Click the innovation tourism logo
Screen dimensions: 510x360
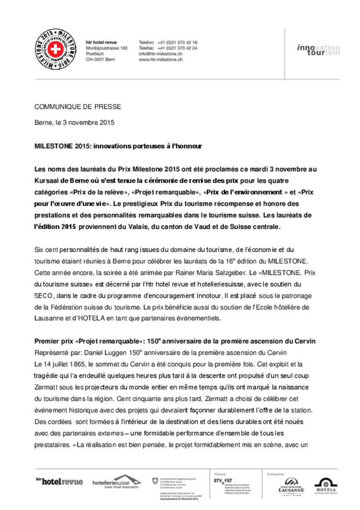point(318,50)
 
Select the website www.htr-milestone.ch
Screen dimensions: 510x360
point(160,59)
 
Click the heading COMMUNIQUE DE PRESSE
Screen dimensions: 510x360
point(78,107)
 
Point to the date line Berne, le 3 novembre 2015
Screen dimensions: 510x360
point(74,123)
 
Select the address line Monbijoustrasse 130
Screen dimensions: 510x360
point(107,48)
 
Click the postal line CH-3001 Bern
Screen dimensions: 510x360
point(100,59)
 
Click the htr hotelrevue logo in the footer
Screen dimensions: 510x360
point(59,481)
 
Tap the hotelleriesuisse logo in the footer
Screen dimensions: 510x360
point(117,482)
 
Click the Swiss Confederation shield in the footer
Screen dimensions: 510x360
point(154,481)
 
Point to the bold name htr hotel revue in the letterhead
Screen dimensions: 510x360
point(101,42)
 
